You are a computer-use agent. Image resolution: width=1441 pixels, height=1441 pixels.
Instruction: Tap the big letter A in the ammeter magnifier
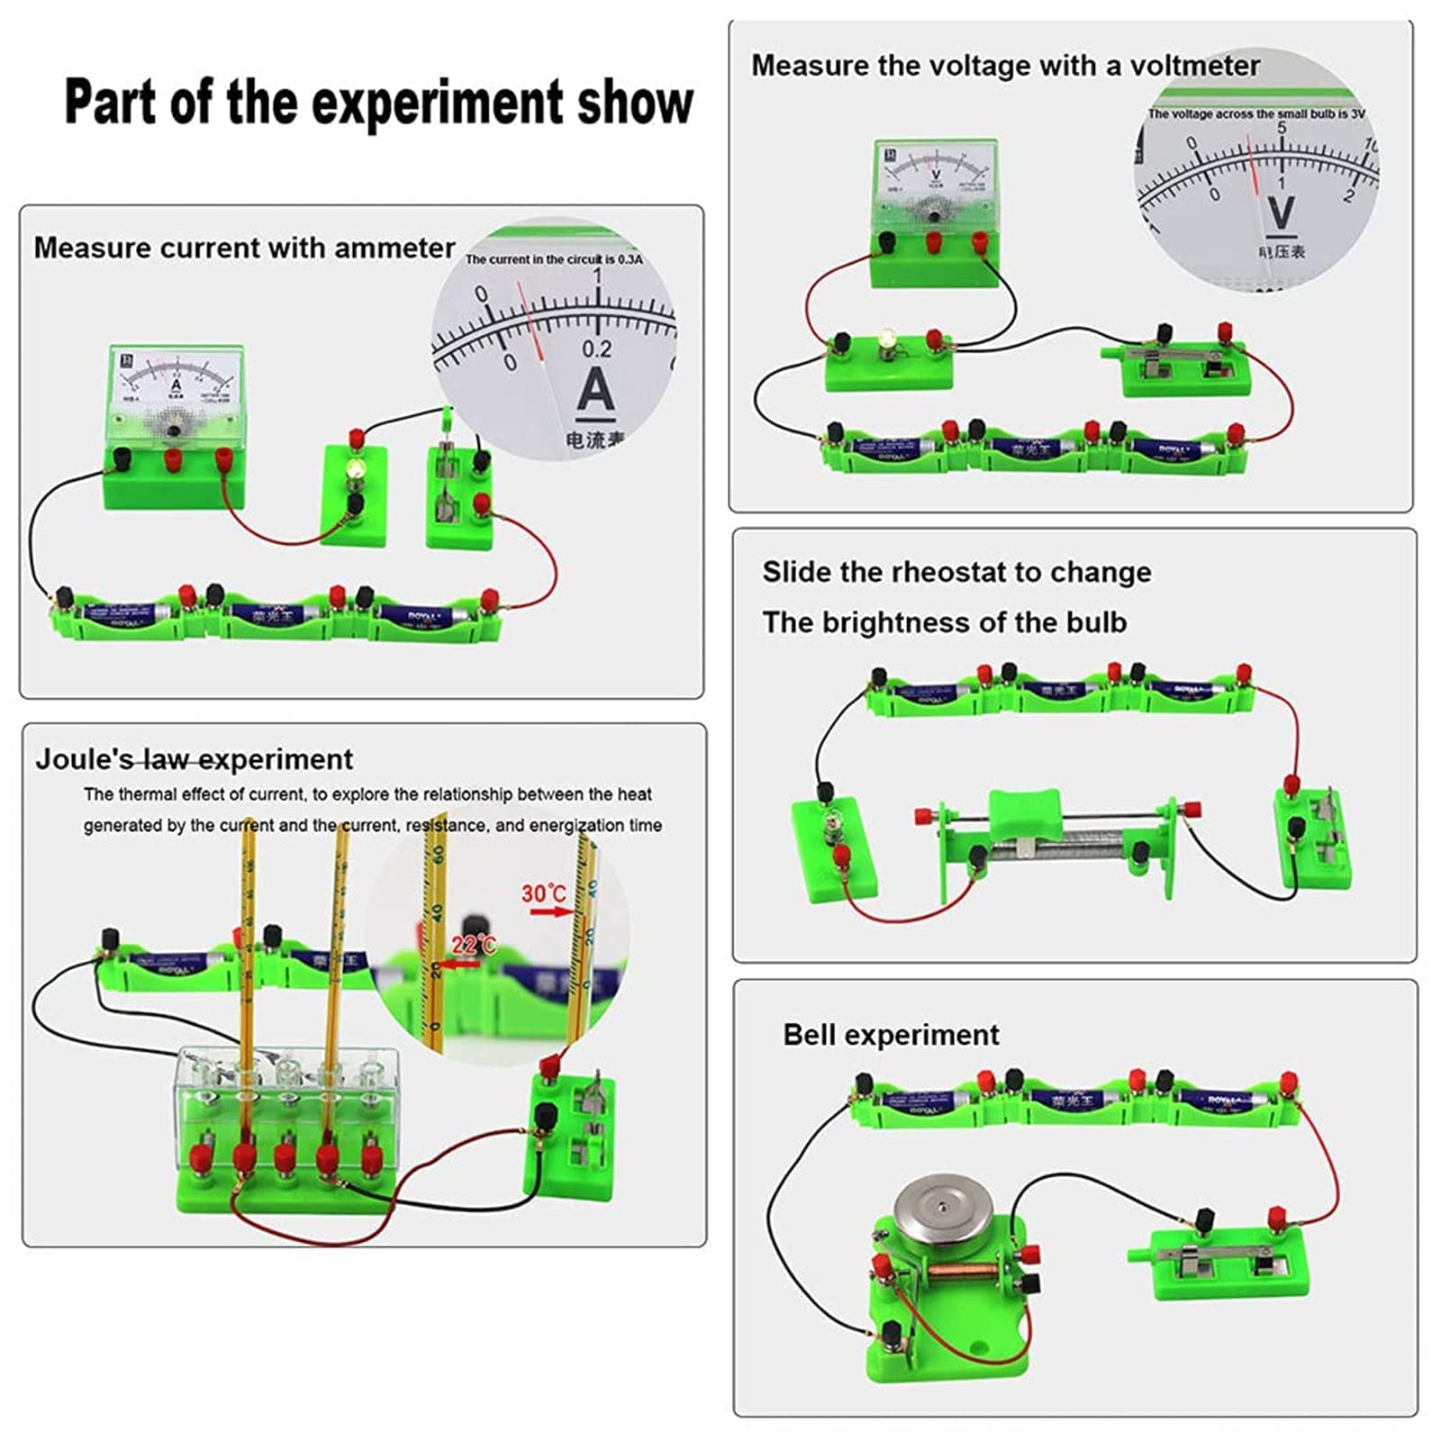point(595,392)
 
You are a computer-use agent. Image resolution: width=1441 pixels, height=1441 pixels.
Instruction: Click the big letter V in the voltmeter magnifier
point(1281,213)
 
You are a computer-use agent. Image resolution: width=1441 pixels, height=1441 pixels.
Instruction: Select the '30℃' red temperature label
point(543,893)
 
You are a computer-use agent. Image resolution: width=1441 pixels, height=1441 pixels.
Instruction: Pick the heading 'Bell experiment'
point(890,1035)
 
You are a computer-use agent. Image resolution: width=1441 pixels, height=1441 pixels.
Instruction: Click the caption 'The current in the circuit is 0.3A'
point(553,259)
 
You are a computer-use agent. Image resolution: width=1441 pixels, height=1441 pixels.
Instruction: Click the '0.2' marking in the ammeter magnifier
point(595,349)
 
